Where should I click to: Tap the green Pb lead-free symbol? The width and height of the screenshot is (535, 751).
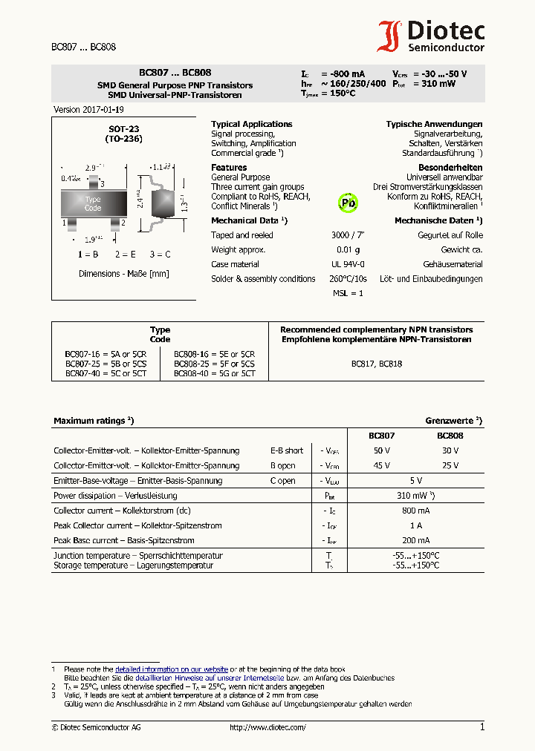click(348, 203)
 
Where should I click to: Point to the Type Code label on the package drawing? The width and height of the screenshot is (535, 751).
click(93, 203)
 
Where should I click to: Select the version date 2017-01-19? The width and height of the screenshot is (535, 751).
click(83, 109)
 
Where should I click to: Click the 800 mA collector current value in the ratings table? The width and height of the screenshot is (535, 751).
click(415, 511)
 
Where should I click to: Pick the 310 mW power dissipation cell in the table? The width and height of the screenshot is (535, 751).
click(415, 496)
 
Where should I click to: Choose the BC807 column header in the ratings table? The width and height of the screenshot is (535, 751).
click(381, 436)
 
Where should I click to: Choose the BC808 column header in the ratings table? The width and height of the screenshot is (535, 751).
click(450, 436)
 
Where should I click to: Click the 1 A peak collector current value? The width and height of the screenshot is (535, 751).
click(415, 525)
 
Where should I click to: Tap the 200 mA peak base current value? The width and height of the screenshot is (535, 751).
click(415, 540)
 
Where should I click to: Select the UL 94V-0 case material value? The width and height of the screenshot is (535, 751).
click(348, 264)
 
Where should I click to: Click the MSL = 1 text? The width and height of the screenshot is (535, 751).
click(348, 293)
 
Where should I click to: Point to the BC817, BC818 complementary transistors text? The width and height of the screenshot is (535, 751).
click(376, 364)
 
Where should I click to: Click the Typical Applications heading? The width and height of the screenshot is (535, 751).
click(251, 124)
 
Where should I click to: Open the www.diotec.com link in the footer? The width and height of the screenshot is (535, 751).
click(267, 728)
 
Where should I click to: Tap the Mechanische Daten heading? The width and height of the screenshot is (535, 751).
click(438, 220)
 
